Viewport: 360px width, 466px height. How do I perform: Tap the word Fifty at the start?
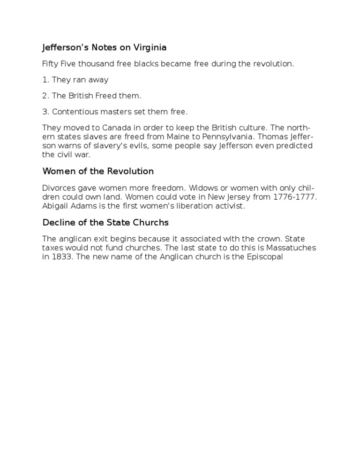point(50,64)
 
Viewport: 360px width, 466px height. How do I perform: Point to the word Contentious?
point(75,112)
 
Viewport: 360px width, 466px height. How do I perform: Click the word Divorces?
point(59,188)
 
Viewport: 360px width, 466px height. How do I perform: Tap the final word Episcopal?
point(264,257)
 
